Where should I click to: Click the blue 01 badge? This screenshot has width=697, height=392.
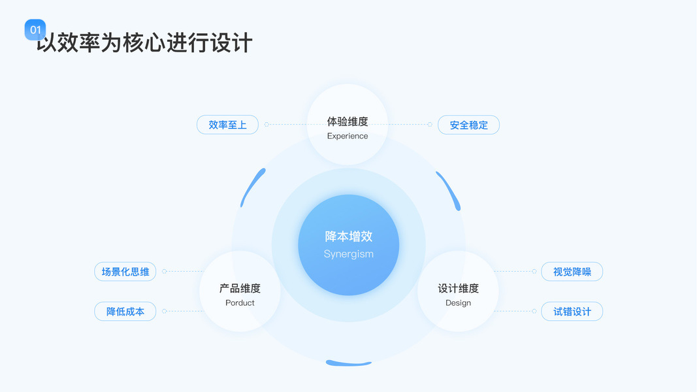click(x=35, y=30)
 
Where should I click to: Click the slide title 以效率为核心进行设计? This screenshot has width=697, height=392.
click(x=145, y=43)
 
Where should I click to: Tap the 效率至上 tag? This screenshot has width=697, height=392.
click(x=227, y=125)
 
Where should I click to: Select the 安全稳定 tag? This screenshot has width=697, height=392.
click(x=468, y=125)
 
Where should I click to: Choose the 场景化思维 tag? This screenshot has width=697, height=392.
click(x=125, y=272)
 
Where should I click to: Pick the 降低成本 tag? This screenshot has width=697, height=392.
click(x=125, y=312)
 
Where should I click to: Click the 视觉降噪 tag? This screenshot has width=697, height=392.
click(x=572, y=272)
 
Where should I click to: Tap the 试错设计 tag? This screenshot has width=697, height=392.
click(x=572, y=312)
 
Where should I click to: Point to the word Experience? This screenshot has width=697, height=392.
click(x=348, y=136)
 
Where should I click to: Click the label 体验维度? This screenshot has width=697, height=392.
click(x=348, y=122)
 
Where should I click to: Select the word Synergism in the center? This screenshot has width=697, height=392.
click(x=349, y=254)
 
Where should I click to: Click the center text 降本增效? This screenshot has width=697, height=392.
click(x=349, y=237)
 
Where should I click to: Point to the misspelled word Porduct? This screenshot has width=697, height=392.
click(x=240, y=303)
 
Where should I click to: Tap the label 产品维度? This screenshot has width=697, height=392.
click(x=240, y=288)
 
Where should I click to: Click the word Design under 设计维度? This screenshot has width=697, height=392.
click(x=458, y=303)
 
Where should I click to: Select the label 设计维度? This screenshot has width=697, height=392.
click(x=458, y=288)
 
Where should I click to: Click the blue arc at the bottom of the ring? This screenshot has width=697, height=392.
click(x=349, y=363)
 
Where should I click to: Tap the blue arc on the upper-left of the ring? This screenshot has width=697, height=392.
click(x=253, y=187)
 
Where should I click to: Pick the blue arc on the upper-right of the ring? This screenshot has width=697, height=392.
click(x=449, y=190)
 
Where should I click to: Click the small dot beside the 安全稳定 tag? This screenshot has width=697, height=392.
click(x=430, y=125)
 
